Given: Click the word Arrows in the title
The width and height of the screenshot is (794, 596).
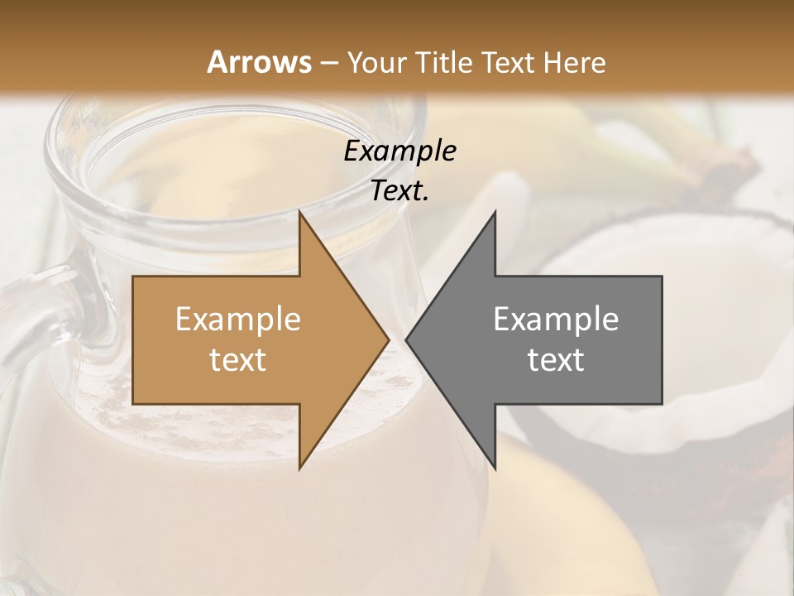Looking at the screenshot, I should [x=260, y=62].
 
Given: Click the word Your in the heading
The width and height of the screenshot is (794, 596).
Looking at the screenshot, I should [x=377, y=62].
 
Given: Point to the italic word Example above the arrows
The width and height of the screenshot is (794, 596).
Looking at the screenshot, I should [x=399, y=151].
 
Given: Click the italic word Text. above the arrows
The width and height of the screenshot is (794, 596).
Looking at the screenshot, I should [x=399, y=191].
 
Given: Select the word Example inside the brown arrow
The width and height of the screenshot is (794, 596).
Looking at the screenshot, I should [x=238, y=319].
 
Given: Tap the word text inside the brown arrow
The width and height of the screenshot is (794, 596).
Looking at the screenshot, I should [x=238, y=360].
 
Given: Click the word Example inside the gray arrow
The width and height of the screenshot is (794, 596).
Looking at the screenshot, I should [x=556, y=319].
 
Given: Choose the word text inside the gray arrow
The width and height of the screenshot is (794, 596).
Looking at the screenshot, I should [x=556, y=360].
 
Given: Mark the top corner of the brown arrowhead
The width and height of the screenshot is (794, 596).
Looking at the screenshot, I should [x=301, y=214].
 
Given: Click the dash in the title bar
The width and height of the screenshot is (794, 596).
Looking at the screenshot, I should [x=328, y=62].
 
